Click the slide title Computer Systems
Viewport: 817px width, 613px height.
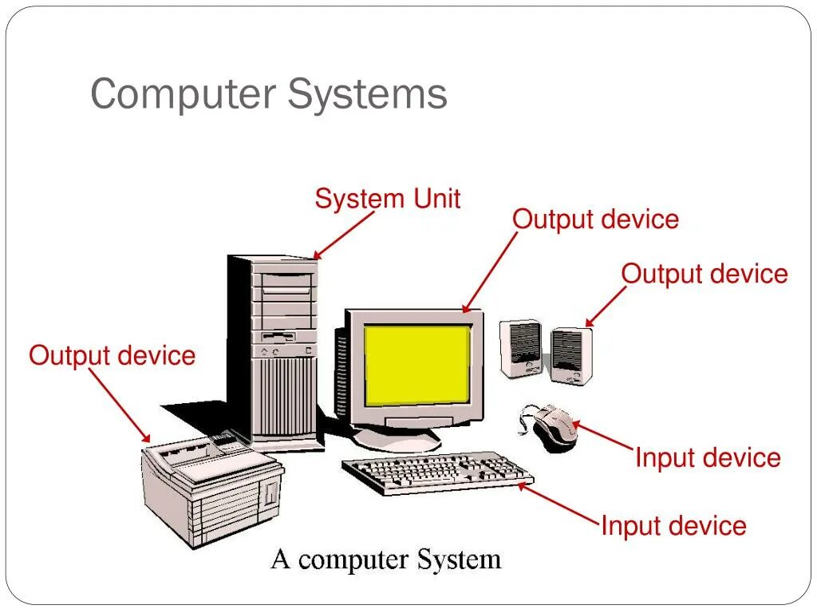click(x=268, y=94)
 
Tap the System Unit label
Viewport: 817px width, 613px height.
click(x=388, y=199)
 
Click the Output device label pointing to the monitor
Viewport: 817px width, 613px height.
click(x=595, y=219)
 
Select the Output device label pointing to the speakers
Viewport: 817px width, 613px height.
click(x=705, y=274)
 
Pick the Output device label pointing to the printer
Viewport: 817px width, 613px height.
click(x=112, y=355)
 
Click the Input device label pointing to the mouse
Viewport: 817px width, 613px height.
click(x=708, y=458)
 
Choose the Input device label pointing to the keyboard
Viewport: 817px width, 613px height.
click(x=673, y=526)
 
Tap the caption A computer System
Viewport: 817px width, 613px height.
click(x=386, y=560)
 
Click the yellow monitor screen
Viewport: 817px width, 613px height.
click(x=417, y=364)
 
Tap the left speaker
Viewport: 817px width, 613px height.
click(x=521, y=348)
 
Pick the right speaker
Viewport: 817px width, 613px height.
click(x=571, y=354)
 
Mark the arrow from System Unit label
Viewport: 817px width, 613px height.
click(x=345, y=235)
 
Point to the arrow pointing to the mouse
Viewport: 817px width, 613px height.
click(x=604, y=437)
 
